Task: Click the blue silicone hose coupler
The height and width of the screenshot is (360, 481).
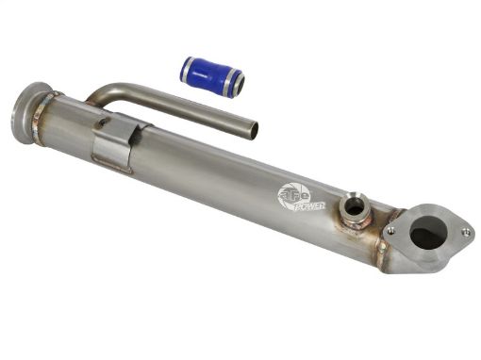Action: pos(211,74)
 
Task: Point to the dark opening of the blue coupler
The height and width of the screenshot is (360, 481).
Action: pos(238,85)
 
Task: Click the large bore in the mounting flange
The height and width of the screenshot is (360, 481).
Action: pos(426,233)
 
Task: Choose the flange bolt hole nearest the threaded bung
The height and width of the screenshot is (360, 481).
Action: pos(390,230)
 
